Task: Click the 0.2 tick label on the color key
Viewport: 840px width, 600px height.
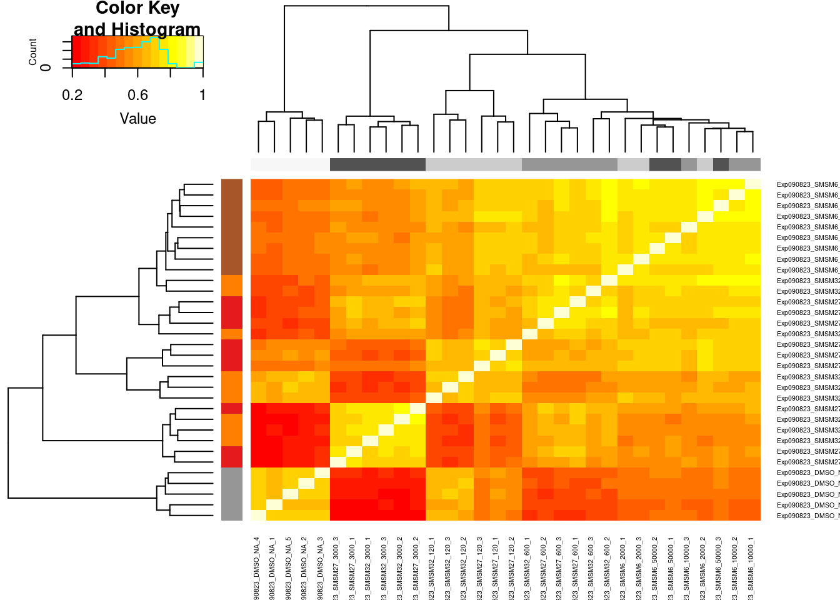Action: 72,95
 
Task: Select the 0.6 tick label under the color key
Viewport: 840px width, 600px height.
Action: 137,95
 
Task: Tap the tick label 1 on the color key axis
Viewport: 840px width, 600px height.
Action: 202,95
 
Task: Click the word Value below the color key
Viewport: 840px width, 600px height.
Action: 137,119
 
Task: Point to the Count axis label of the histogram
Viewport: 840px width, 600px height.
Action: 33,51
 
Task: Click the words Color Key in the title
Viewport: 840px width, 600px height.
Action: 137,9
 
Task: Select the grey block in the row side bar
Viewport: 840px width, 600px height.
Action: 231,494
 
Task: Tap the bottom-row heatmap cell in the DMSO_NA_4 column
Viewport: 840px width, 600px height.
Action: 258,516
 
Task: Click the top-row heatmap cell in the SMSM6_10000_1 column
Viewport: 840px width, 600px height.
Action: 752,184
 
